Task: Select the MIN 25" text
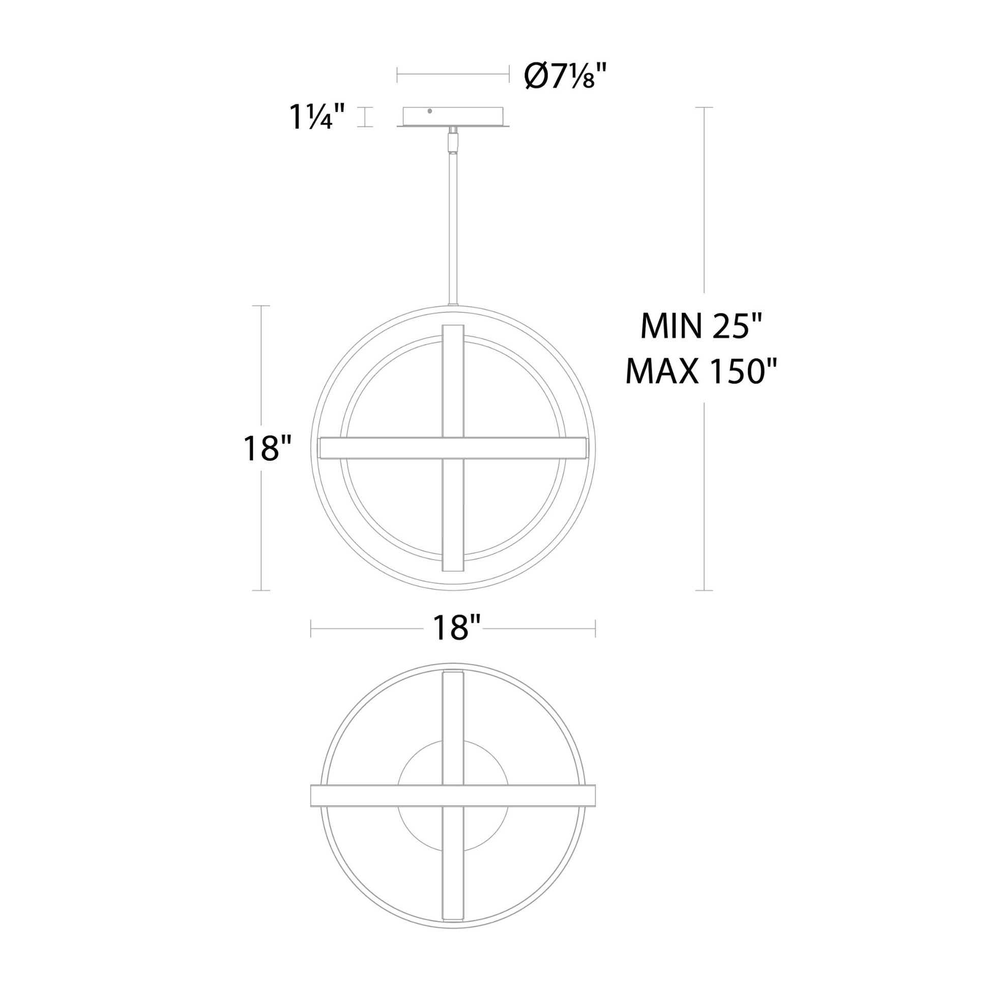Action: click(702, 326)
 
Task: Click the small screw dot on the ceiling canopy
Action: click(429, 111)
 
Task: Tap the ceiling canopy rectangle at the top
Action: click(453, 118)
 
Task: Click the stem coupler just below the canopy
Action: click(453, 140)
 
